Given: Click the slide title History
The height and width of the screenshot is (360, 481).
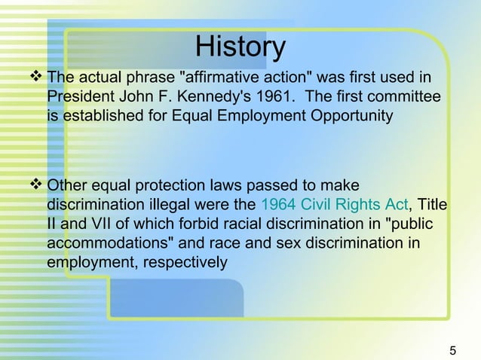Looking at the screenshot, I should pos(240,47).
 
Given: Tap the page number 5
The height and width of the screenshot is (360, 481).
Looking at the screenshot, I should pos(452,349).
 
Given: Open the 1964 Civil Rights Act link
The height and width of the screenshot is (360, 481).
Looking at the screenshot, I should pos(334,205).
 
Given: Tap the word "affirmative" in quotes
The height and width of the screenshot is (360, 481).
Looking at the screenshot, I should pos(218,78).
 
